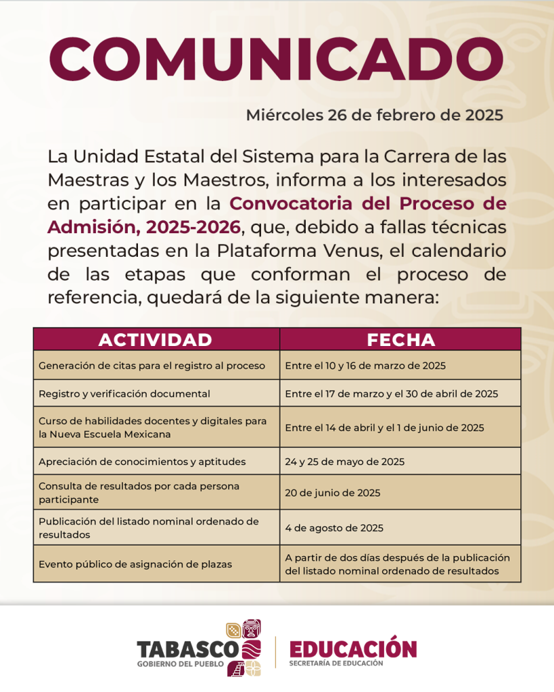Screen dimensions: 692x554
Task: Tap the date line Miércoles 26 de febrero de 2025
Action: click(x=374, y=115)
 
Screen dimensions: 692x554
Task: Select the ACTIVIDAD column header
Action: click(x=156, y=339)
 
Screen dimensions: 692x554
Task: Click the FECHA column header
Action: click(x=400, y=339)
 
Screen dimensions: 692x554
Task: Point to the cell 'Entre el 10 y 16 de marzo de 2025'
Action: click(x=365, y=366)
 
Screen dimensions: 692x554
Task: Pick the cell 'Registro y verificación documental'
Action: click(x=124, y=393)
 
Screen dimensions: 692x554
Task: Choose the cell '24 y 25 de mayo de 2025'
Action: click(x=344, y=462)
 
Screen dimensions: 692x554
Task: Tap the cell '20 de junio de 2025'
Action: click(x=332, y=493)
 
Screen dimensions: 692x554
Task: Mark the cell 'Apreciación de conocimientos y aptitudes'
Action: click(x=142, y=462)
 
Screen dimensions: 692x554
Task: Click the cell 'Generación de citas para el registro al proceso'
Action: click(x=152, y=366)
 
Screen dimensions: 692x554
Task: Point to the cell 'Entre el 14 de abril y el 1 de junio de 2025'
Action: click(x=384, y=427)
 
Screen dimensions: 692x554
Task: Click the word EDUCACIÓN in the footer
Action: click(x=353, y=649)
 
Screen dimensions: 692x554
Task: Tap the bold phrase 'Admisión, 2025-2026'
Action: click(x=143, y=226)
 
